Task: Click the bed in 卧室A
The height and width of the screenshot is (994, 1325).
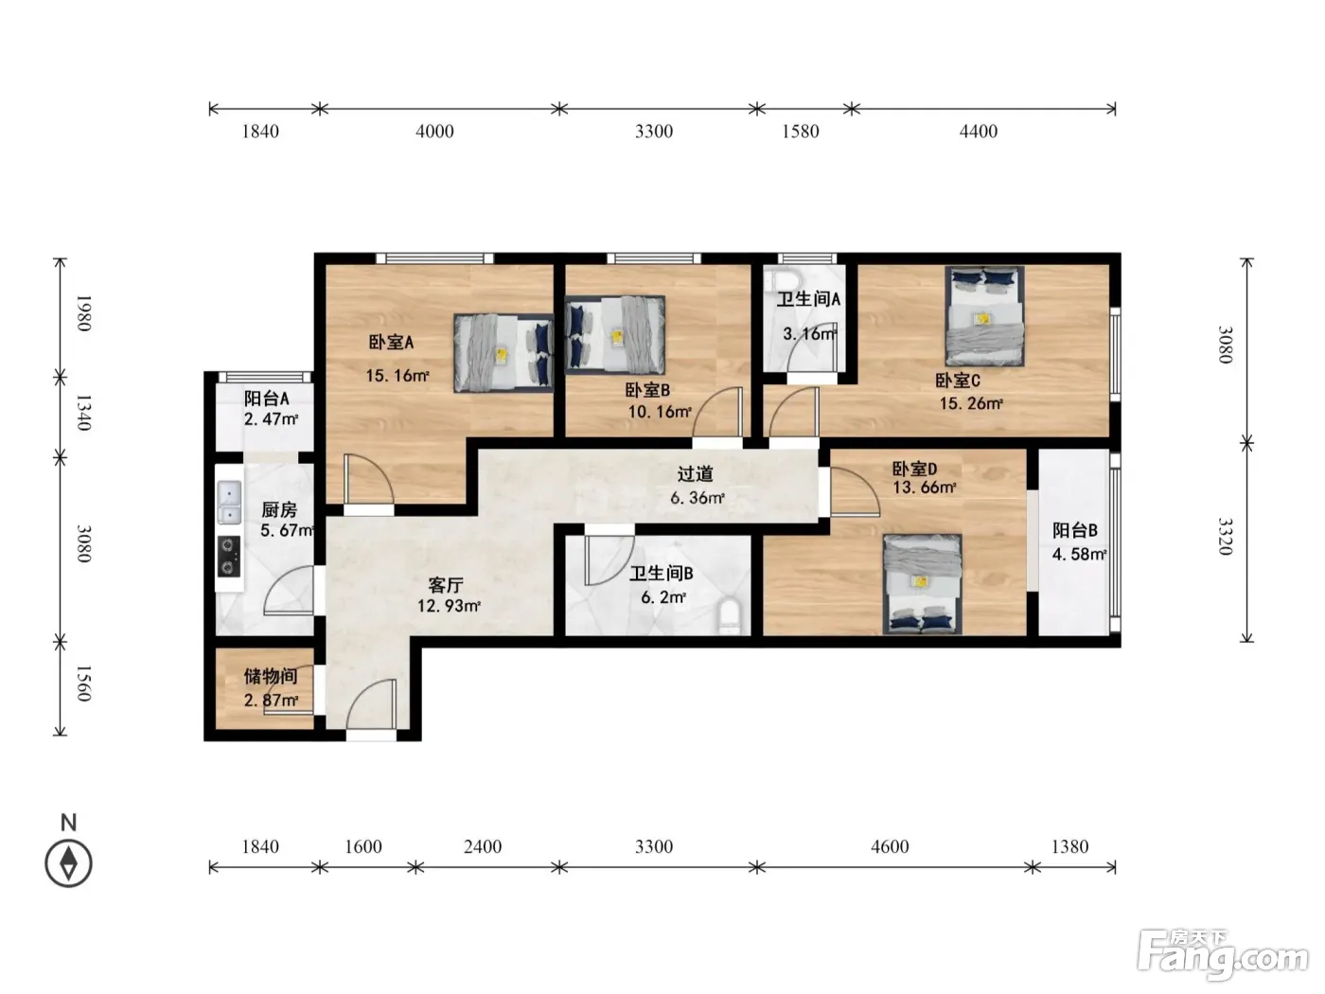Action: [x=503, y=353]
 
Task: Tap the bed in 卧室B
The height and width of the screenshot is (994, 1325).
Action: [x=615, y=335]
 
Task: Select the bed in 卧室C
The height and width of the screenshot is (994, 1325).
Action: [x=984, y=317]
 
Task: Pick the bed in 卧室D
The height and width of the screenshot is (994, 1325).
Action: [x=922, y=583]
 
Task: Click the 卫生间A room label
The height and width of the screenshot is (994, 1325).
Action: [x=807, y=299]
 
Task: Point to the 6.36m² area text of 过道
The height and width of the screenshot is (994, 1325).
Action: [x=698, y=498]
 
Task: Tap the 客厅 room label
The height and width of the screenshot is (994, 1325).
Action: [x=446, y=584]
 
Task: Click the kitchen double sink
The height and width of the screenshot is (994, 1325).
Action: [x=229, y=502]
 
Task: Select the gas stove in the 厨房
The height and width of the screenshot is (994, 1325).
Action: [x=229, y=557]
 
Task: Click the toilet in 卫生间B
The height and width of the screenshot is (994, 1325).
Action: [x=730, y=617]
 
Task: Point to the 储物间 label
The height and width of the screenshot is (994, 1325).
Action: [x=271, y=676]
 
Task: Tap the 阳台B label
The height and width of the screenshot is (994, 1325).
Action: [x=1074, y=530]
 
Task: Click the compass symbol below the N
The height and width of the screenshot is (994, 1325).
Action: [x=68, y=863]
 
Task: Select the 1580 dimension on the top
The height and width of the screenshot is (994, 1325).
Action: [x=801, y=131]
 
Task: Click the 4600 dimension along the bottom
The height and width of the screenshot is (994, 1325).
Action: [x=889, y=846]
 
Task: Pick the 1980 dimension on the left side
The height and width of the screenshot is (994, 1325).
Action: [x=83, y=313]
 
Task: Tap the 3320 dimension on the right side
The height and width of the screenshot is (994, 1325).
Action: [x=1225, y=536]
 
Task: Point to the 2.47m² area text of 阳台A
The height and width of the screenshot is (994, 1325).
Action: [x=271, y=418]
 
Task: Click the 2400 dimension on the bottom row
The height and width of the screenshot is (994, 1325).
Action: [x=483, y=846]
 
